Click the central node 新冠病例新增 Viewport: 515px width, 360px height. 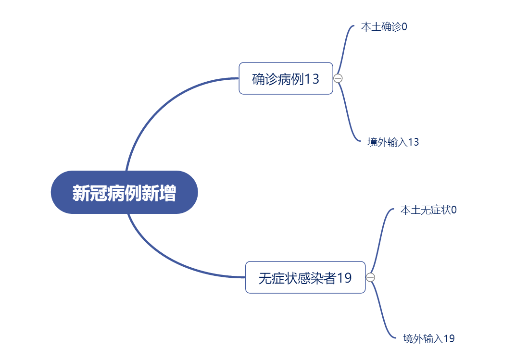click(x=124, y=192)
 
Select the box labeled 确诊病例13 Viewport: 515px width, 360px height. click(x=286, y=78)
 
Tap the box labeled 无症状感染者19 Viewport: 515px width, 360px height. click(x=305, y=277)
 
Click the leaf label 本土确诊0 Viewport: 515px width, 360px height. click(x=384, y=26)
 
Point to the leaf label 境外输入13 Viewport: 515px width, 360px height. click(x=393, y=142)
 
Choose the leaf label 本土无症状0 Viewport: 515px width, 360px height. click(x=428, y=210)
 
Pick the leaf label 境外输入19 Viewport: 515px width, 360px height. click(x=428, y=339)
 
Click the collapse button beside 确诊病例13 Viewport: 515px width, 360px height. click(x=338, y=78)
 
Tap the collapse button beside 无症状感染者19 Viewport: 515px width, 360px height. click(x=370, y=277)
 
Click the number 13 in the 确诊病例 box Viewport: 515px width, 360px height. click(x=312, y=79)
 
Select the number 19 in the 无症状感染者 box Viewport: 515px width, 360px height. click(x=344, y=278)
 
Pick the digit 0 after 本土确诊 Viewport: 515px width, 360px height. click(x=404, y=26)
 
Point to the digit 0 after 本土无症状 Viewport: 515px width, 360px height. click(x=454, y=210)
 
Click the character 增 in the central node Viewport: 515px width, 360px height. click(x=167, y=193)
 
